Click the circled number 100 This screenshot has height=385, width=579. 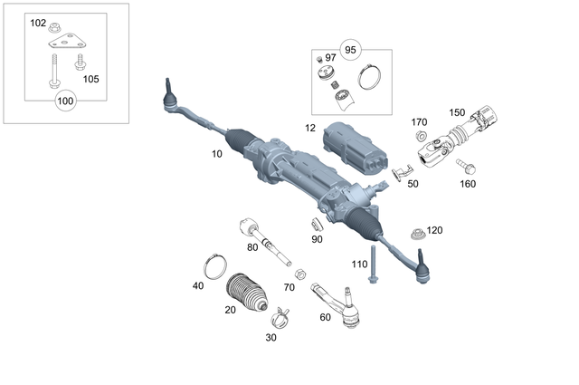(65, 101)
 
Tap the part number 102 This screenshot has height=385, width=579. (38, 23)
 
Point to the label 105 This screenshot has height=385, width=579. (91, 79)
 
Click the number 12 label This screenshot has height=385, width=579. (310, 130)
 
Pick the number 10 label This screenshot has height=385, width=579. (217, 154)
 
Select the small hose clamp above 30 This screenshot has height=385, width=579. (280, 317)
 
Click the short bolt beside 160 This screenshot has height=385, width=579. (468, 167)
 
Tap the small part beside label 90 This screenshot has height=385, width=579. (317, 225)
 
